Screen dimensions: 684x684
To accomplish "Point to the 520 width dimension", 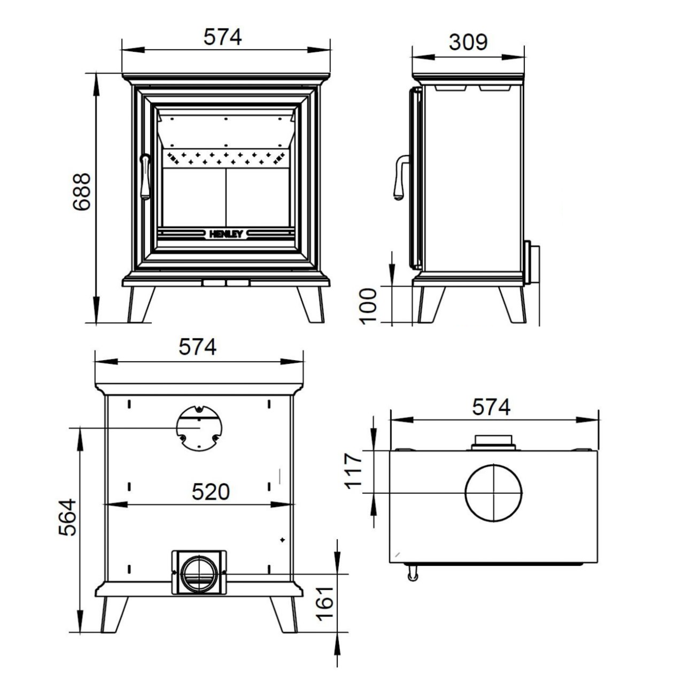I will pos(211,492).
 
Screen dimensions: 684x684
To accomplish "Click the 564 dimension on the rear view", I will pos(67,517).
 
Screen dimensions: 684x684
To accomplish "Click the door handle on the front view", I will pos(145,177).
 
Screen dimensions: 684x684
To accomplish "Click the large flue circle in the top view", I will pos(493,493).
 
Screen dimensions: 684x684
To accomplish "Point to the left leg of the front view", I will pos(140,305).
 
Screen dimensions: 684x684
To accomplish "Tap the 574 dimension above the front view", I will pos(223,37).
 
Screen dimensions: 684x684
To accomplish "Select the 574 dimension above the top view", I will pos(491,407).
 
